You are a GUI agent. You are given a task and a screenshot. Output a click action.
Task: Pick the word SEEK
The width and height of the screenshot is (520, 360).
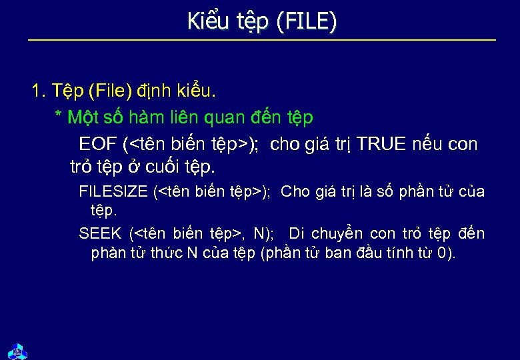click(x=100, y=233)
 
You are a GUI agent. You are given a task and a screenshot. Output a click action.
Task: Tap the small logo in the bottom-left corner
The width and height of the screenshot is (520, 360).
click(x=17, y=350)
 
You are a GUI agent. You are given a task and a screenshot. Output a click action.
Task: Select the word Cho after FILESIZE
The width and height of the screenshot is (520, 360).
click(x=295, y=192)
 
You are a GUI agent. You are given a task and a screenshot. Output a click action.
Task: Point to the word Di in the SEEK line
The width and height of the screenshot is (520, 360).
click(x=297, y=233)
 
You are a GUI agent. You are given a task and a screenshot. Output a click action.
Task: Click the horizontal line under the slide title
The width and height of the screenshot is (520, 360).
click(x=262, y=41)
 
